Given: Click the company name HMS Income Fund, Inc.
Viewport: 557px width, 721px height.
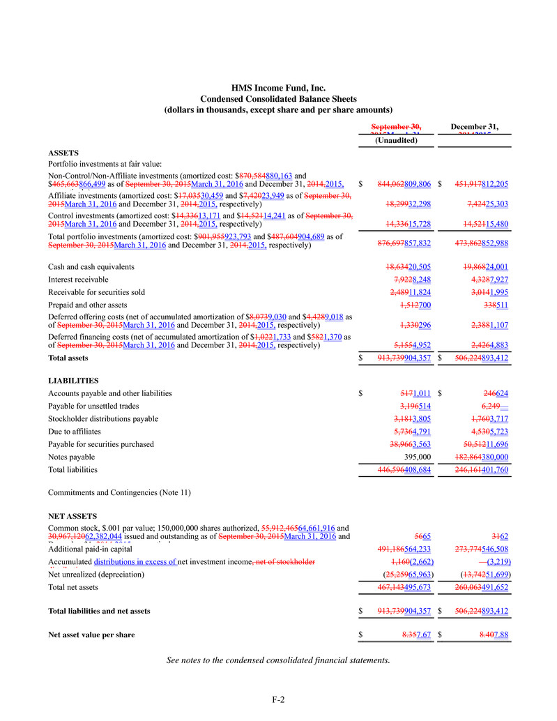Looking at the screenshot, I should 278,88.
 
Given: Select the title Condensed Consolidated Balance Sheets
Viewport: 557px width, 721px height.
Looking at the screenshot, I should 278,99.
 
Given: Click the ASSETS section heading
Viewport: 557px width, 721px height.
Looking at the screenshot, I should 63,152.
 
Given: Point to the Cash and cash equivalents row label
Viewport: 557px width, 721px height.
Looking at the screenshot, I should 91,266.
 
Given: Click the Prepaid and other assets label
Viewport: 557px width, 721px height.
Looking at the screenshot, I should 88,305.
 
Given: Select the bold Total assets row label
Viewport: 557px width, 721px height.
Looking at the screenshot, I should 68,358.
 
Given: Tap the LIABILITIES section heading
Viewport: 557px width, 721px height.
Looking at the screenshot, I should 73,381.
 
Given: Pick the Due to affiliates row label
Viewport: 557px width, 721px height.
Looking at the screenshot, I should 75,432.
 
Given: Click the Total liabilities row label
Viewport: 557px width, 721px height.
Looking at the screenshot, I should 73,470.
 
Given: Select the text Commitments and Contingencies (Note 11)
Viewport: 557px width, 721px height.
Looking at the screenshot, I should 119,493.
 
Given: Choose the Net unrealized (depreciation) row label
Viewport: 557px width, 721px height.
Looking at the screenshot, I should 96,575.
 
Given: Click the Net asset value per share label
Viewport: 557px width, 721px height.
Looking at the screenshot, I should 91,635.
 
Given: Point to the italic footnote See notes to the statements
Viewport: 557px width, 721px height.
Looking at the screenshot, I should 278,660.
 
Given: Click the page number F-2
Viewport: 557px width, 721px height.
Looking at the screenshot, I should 278,699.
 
